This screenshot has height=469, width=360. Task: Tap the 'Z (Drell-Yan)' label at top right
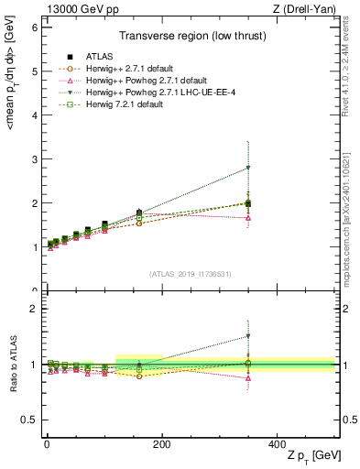(307, 9)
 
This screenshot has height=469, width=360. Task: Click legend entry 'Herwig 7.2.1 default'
(109, 104)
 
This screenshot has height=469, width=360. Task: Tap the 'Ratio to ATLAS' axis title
(13, 365)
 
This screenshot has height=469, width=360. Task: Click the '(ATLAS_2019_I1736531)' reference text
(190, 274)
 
